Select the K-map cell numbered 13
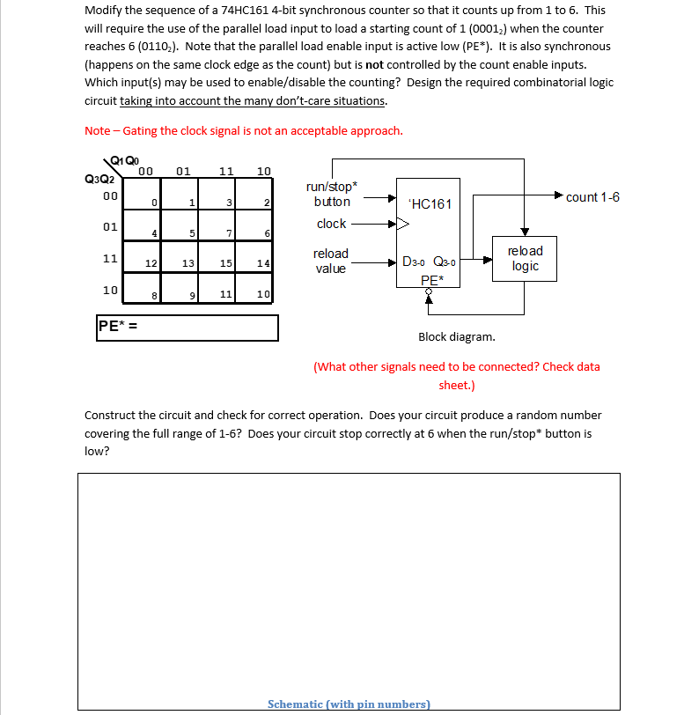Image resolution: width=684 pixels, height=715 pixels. (180, 256)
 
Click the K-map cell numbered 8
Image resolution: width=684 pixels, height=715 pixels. (141, 287)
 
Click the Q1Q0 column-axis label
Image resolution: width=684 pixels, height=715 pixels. (126, 161)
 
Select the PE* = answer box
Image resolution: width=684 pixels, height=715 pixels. (188, 328)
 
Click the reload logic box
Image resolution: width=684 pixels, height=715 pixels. (525, 258)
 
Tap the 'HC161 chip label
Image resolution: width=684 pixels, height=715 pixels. (430, 203)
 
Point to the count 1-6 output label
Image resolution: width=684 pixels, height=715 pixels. (592, 196)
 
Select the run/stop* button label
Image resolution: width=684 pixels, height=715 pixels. (331, 195)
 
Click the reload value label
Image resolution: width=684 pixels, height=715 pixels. (331, 261)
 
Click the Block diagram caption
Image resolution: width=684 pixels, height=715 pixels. (456, 336)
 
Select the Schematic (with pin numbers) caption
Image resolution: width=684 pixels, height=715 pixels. (349, 704)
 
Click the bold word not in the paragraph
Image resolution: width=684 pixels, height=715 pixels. (374, 64)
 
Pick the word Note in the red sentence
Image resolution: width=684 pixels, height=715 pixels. (97, 130)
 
